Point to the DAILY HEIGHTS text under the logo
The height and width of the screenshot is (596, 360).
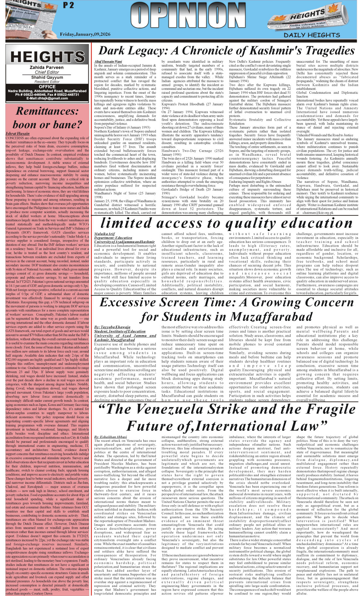pyautogui.click(x=312, y=35)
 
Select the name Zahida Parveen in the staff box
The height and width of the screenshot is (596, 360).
pyautogui.click(x=47, y=67)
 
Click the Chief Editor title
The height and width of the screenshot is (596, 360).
pyautogui.click(x=47, y=72)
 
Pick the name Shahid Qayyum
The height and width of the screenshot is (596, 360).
pyautogui.click(x=47, y=77)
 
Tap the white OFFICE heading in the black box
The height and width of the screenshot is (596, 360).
pyautogui.click(x=47, y=87)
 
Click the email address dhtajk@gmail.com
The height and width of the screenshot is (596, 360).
pyautogui.click(x=47, y=98)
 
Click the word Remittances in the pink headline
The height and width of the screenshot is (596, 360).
pyautogui.click(x=47, y=111)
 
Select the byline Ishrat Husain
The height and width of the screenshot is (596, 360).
pyautogui.click(x=17, y=134)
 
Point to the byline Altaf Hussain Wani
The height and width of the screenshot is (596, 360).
pyautogui.click(x=108, y=62)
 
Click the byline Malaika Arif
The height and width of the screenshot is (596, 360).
pyautogui.click(x=104, y=234)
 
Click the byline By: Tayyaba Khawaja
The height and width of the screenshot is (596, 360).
pyautogui.click(x=112, y=327)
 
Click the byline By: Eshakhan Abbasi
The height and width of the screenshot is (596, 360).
pyautogui.click(x=110, y=437)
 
